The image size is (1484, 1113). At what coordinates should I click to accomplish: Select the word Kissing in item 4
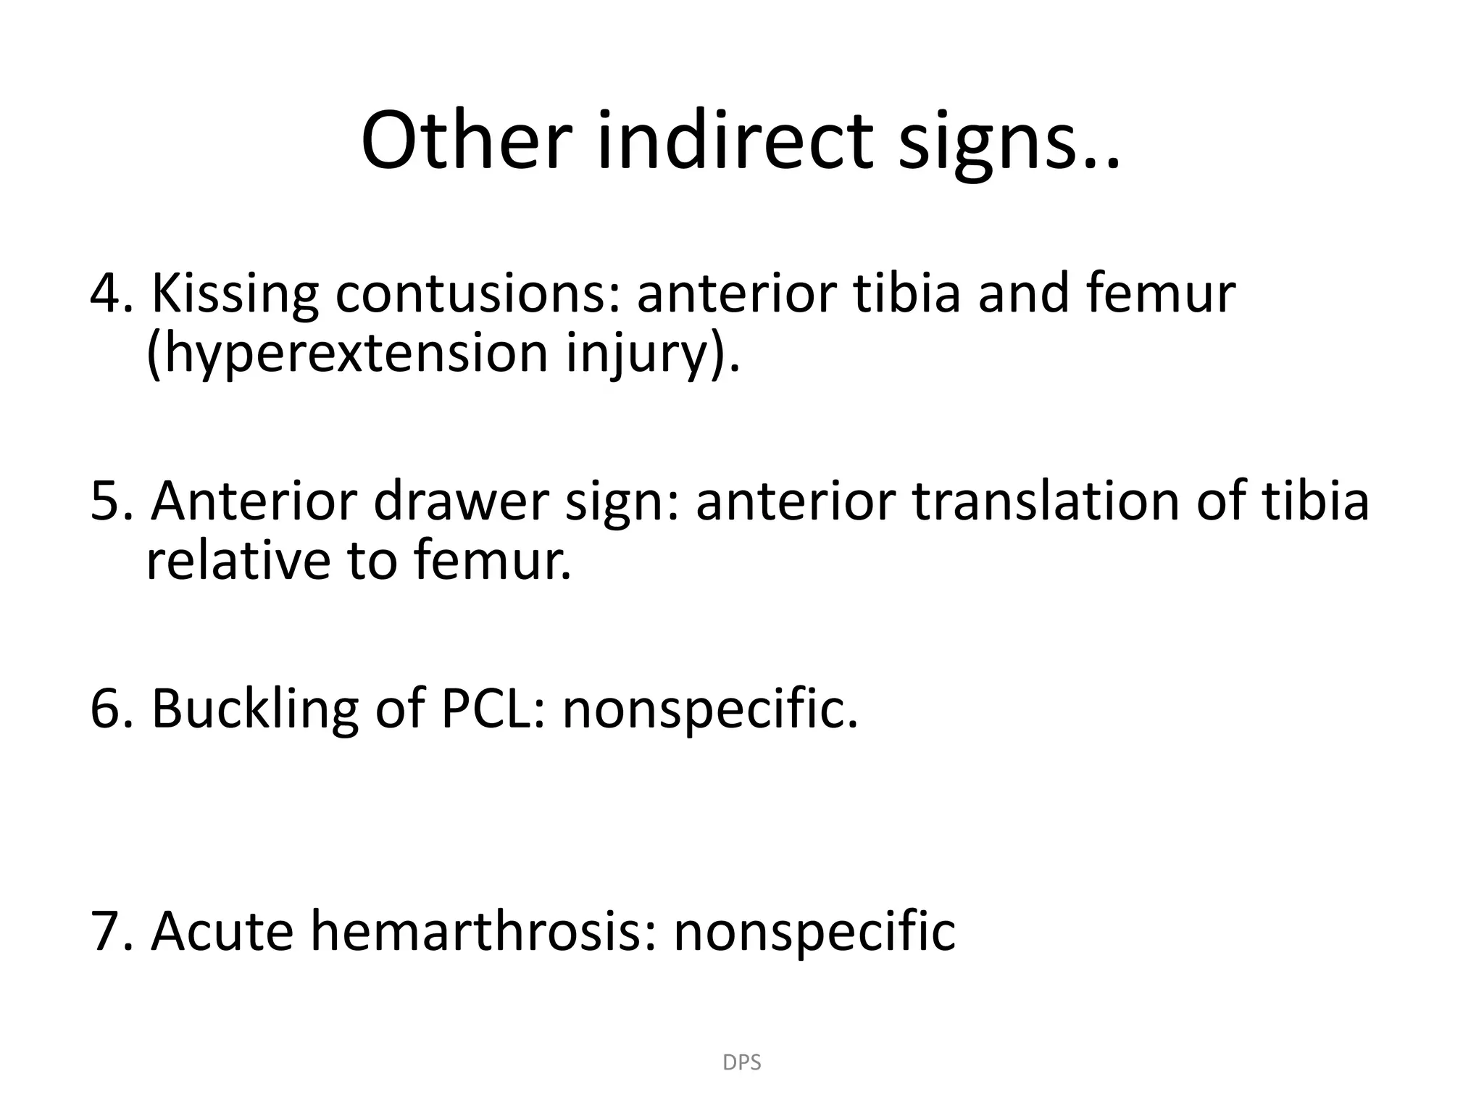[x=235, y=293]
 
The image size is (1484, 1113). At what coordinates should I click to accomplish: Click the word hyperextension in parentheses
[x=347, y=354]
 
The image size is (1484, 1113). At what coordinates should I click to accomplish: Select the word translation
[x=1044, y=501]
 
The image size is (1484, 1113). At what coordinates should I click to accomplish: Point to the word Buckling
[x=254, y=708]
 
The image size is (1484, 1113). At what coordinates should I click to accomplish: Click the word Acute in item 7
[x=222, y=930]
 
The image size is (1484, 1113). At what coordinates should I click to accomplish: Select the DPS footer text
[x=742, y=1062]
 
